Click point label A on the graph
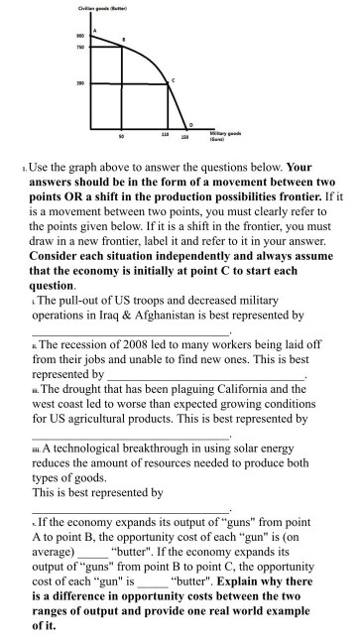(x=94, y=32)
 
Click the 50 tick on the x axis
(x=121, y=134)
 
